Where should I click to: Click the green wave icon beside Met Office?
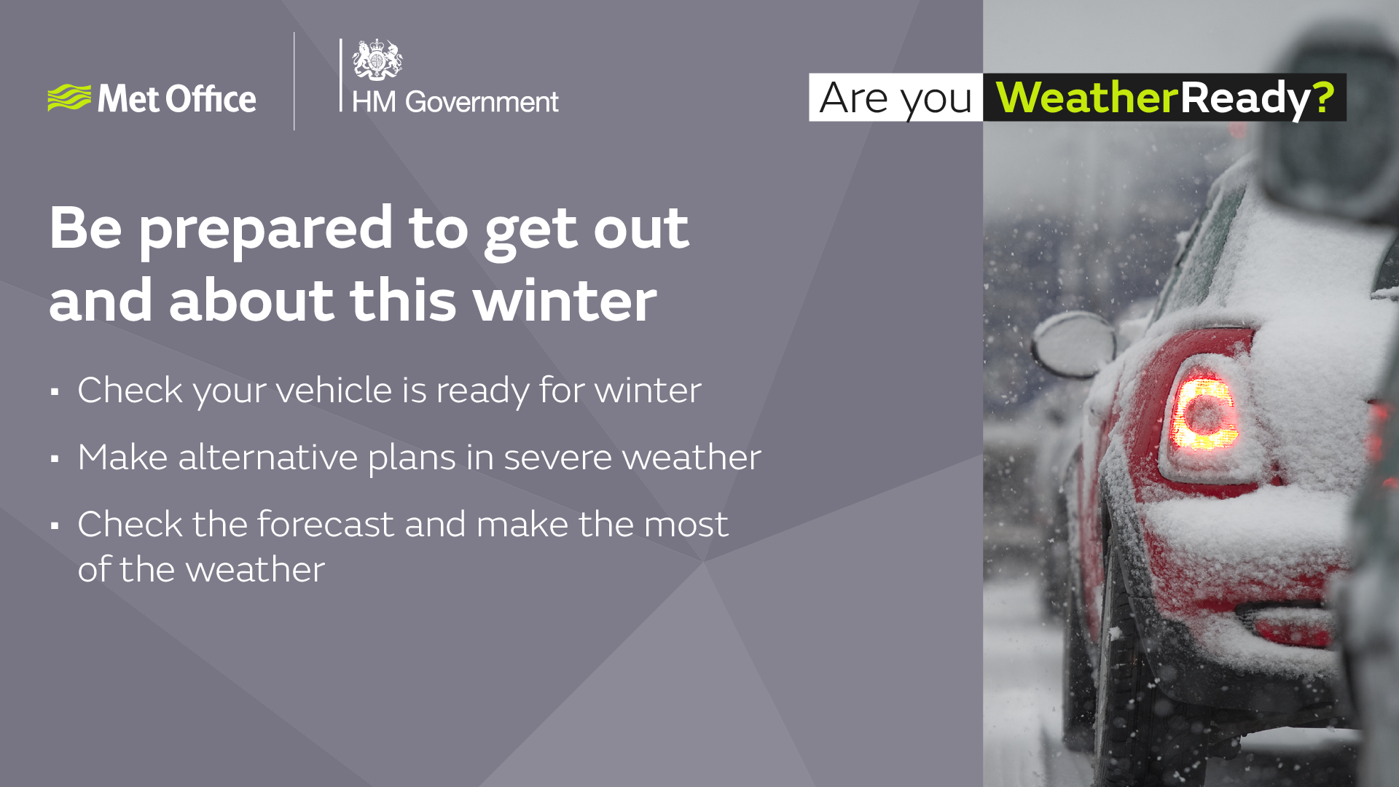[x=69, y=98]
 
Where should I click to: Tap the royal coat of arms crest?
[x=377, y=60]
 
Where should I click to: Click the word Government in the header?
[x=482, y=102]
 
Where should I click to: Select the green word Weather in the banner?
[x=1086, y=97]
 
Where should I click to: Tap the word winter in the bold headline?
[x=565, y=300]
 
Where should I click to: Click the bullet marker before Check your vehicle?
[x=55, y=392]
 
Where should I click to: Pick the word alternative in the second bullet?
[x=267, y=458]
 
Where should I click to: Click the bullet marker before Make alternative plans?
[x=55, y=459]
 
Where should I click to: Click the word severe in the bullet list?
[x=557, y=458]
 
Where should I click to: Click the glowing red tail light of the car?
[x=1204, y=413]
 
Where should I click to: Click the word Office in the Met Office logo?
[x=211, y=99]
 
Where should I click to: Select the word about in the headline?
[x=251, y=300]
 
